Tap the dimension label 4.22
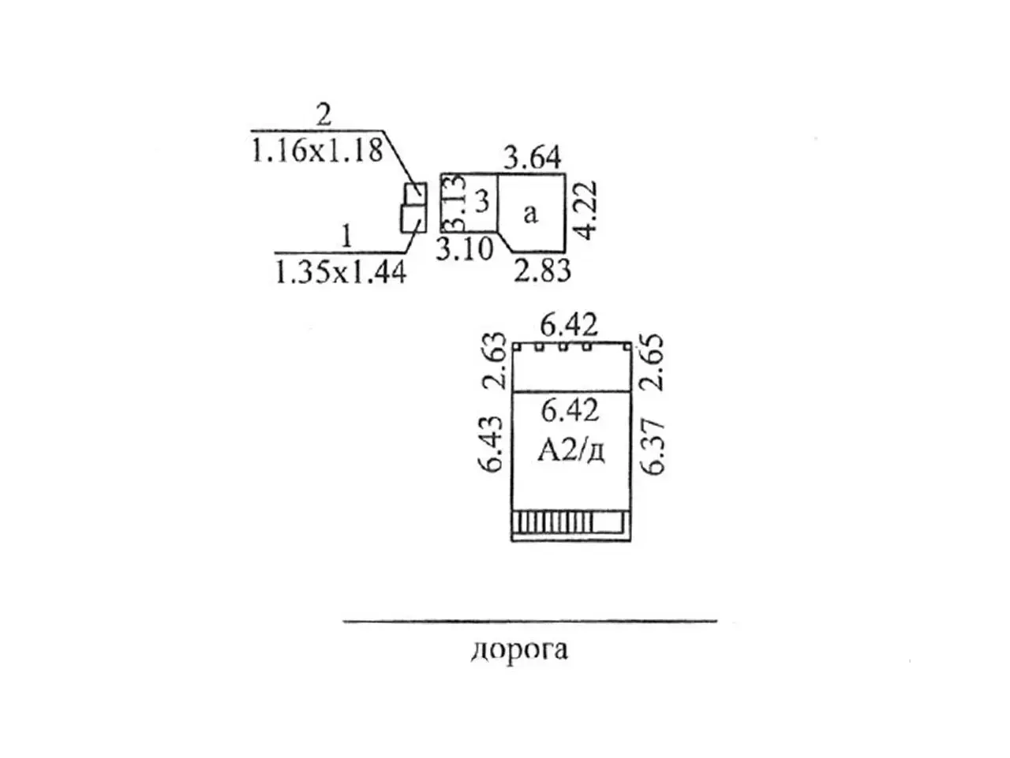pyautogui.click(x=586, y=211)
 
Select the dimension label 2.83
pyautogui.click(x=542, y=271)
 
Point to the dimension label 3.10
pyautogui.click(x=465, y=248)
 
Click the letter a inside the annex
pyautogui.click(x=530, y=212)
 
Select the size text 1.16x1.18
pyautogui.click(x=316, y=149)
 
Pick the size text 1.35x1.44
pyautogui.click(x=340, y=272)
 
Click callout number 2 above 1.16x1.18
pyautogui.click(x=324, y=116)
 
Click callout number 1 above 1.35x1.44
pyautogui.click(x=344, y=236)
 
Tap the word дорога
pyautogui.click(x=519, y=650)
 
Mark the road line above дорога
pyautogui.click(x=529, y=621)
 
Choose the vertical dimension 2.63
pyautogui.click(x=495, y=362)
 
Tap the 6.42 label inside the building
pyautogui.click(x=570, y=410)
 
